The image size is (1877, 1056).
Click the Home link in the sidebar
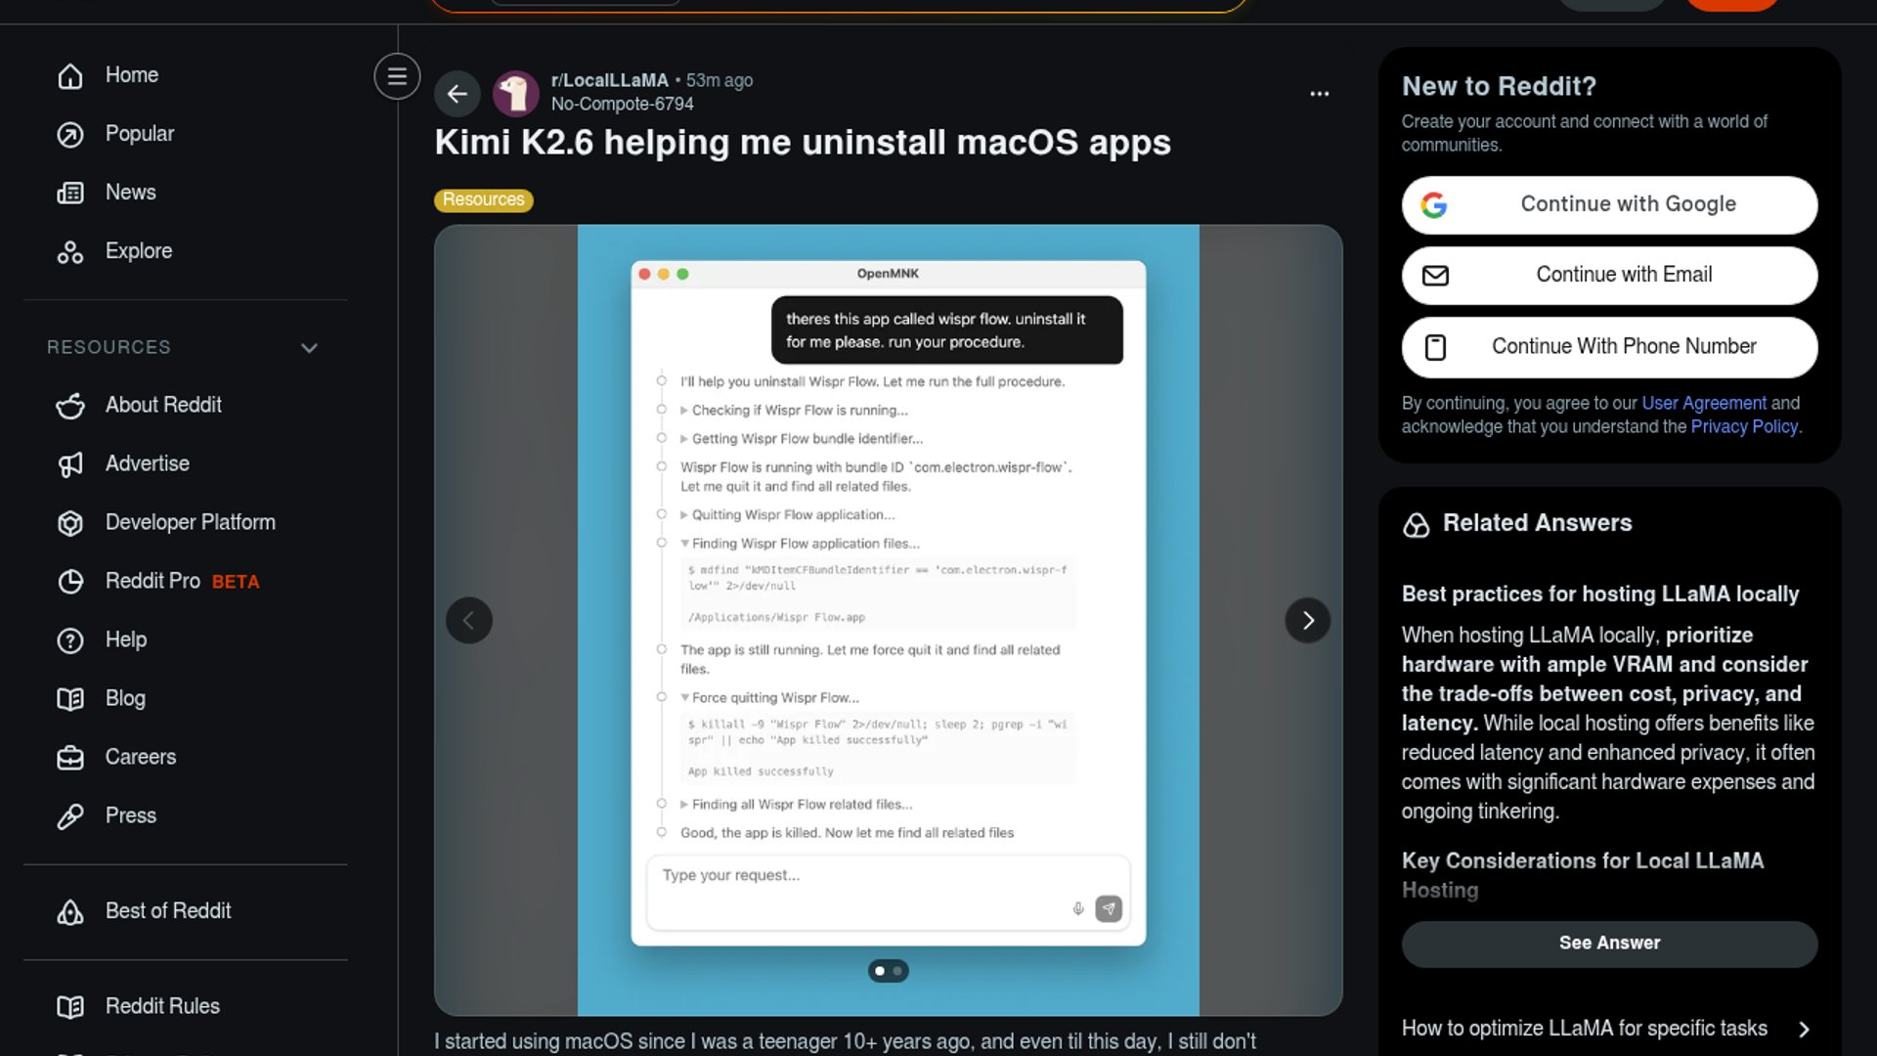pos(131,75)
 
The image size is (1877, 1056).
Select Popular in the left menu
pos(139,134)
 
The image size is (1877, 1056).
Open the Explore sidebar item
pos(138,251)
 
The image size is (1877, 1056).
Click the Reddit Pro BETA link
pos(182,581)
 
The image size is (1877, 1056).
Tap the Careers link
pos(140,757)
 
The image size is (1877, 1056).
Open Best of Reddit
pos(167,911)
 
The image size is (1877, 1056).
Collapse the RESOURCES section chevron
pos(309,348)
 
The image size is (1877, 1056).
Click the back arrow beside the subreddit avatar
pos(457,94)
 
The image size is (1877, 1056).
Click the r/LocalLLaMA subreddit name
pos(609,80)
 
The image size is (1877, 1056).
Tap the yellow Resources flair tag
pos(483,199)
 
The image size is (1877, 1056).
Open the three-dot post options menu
pos(1319,94)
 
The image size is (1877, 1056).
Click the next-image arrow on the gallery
pos(1307,620)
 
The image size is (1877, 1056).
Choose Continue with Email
pos(1609,275)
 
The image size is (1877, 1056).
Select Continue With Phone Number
pos(1609,347)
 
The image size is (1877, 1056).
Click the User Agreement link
pos(1703,403)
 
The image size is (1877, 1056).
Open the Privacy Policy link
pos(1744,426)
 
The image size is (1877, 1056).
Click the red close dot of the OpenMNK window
pos(644,274)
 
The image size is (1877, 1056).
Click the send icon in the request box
pos(1108,908)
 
